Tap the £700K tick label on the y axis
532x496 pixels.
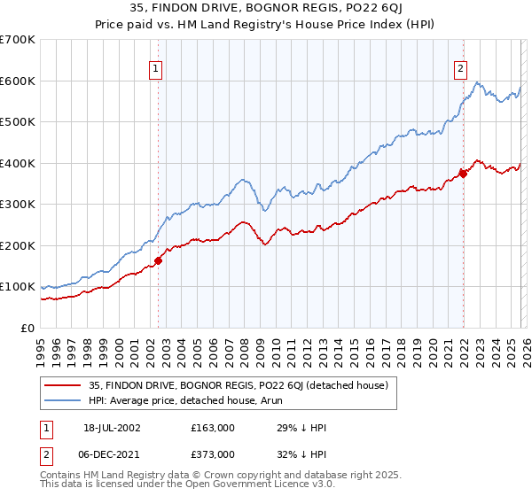tap(18, 40)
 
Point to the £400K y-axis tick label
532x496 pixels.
tap(18, 163)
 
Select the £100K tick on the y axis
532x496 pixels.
tap(18, 287)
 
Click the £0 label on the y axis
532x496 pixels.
tap(27, 329)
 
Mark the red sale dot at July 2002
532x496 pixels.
tap(159, 260)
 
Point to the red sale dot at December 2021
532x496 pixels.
tap(462, 174)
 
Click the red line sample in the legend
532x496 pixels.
tap(64, 385)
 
